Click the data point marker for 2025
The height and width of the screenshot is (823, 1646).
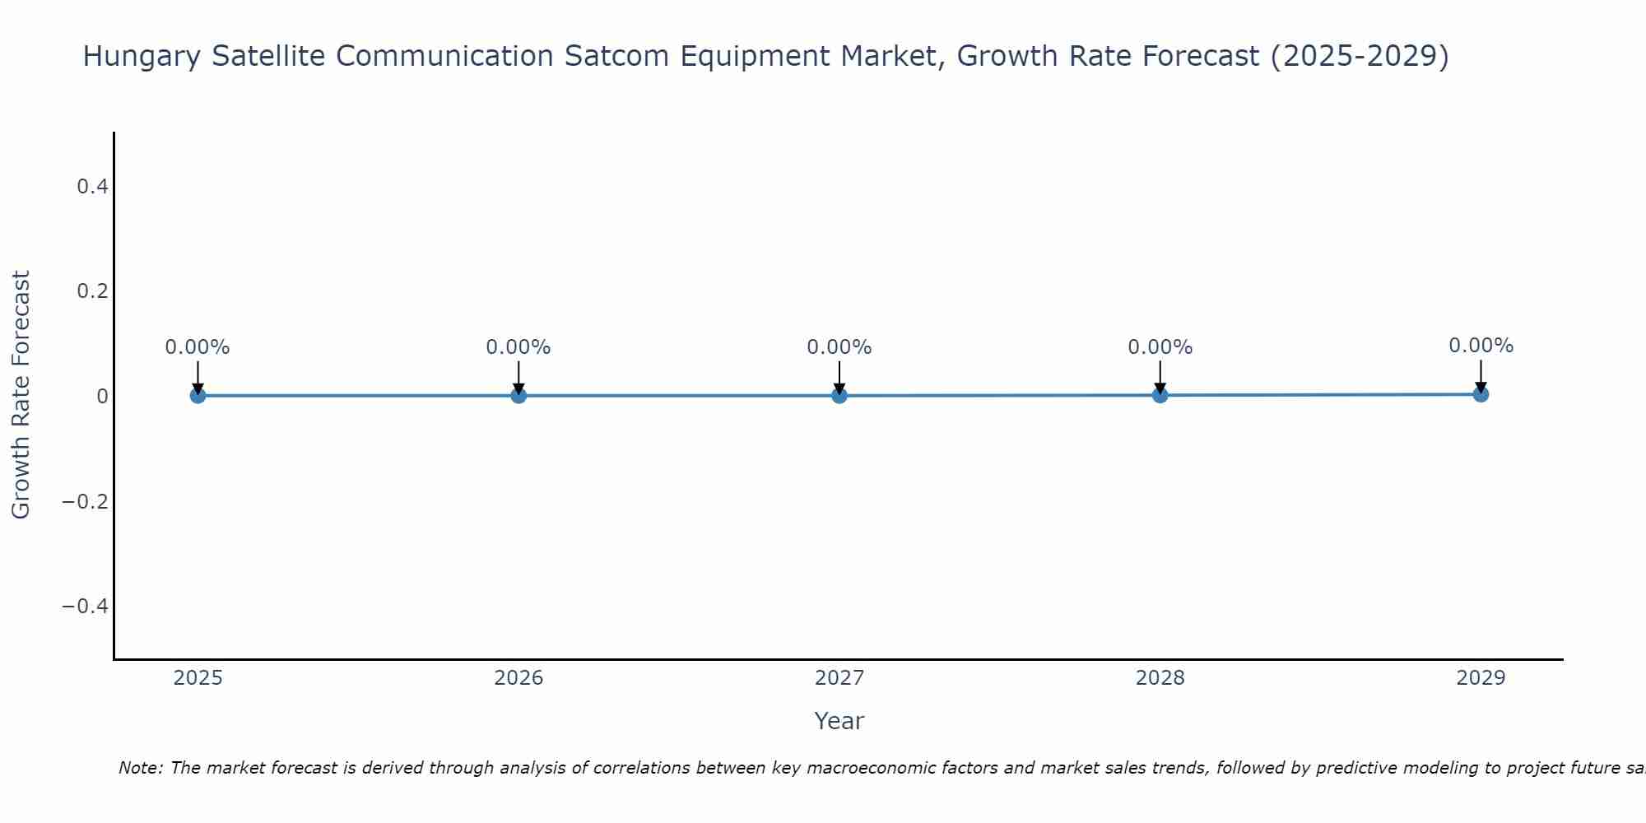tap(198, 396)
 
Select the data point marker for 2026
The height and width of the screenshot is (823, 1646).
tap(518, 396)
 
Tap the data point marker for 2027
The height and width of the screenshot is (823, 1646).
tap(839, 396)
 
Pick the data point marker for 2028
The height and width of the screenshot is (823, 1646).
tap(1160, 395)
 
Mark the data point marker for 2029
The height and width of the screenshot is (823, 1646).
tap(1481, 394)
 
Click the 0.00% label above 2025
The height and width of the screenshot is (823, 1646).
tap(198, 347)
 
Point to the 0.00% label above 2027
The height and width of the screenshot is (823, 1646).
tap(839, 347)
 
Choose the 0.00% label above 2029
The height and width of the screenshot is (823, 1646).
tap(1481, 346)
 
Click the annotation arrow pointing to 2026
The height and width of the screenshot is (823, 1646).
tap(518, 377)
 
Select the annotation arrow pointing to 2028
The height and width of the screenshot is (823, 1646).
tap(1160, 377)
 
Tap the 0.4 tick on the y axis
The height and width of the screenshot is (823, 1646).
tap(92, 187)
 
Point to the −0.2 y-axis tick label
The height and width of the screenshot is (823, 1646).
tap(86, 501)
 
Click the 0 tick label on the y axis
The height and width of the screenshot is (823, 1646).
tap(102, 397)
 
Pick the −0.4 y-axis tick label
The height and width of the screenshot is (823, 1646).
tap(86, 607)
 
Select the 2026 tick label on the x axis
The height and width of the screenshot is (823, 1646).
tap(518, 678)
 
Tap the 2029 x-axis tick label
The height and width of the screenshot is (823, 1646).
tap(1481, 678)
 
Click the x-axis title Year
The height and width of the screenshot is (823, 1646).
tap(839, 721)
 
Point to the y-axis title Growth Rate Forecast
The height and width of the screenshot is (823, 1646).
tap(21, 395)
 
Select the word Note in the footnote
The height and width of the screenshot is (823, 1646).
tap(140, 768)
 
